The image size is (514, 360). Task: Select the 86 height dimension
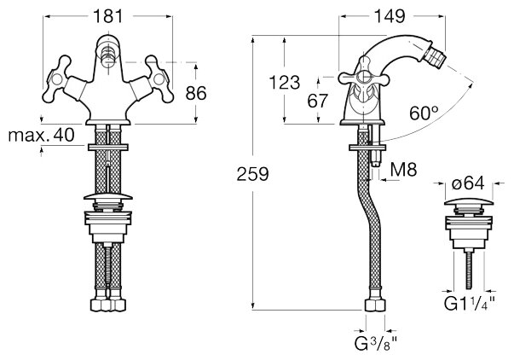click(x=196, y=94)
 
